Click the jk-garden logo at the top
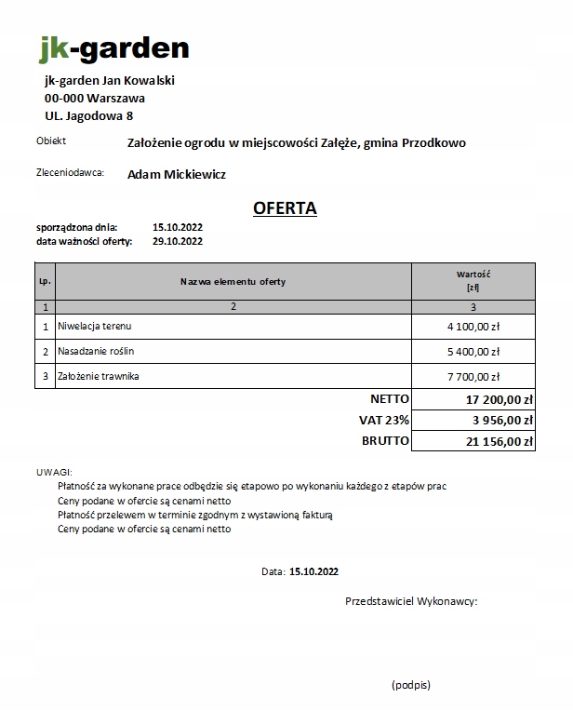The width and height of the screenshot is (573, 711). click(x=113, y=47)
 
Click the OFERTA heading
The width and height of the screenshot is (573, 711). click(x=285, y=208)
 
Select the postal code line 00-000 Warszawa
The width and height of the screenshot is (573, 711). click(x=95, y=98)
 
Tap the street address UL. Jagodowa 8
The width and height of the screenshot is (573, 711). click(x=88, y=115)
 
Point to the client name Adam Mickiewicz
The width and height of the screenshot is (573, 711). click(x=177, y=174)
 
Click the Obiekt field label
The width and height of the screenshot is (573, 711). click(x=51, y=141)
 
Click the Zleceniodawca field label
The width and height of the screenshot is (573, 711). click(x=70, y=172)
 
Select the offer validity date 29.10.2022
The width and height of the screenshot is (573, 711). click(x=177, y=241)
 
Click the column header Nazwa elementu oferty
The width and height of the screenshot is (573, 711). click(x=233, y=281)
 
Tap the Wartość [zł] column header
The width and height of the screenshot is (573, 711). click(x=473, y=281)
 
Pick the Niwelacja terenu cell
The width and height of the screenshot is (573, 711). click(x=96, y=327)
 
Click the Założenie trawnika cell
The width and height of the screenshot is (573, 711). click(x=100, y=377)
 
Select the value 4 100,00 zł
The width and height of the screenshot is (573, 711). click(x=473, y=328)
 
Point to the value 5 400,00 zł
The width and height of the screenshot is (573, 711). click(x=473, y=353)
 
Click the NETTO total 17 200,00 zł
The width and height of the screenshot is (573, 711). click(x=499, y=400)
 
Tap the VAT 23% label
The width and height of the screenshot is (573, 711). click(x=384, y=421)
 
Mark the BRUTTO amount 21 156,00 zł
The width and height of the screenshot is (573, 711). click(x=499, y=442)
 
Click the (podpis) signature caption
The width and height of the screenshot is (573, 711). click(x=411, y=684)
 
